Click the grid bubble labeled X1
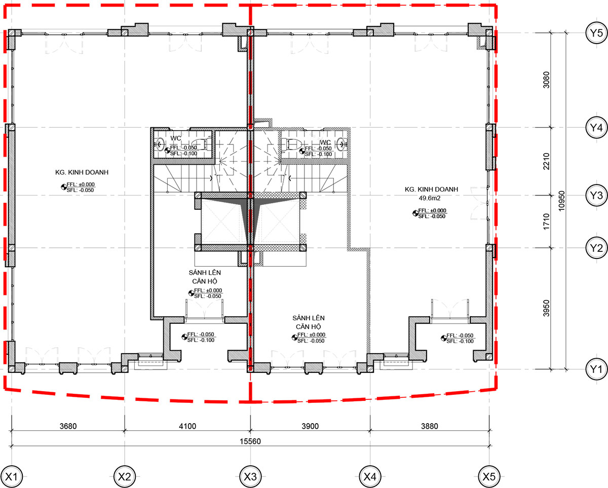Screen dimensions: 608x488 [x=12, y=476]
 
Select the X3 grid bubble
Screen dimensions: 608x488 [x=250, y=476]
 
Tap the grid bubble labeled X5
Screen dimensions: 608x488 [x=489, y=476]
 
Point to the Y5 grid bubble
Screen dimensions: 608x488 [x=596, y=33]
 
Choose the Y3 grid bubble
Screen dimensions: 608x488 [x=596, y=195]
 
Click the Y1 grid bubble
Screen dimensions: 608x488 [x=596, y=369]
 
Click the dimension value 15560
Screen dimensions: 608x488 [x=250, y=441]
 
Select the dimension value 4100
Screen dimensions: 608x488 [x=187, y=426]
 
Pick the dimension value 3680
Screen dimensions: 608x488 [x=68, y=426]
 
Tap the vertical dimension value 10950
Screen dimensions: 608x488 [x=561, y=201]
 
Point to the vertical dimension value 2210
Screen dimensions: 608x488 [x=546, y=161]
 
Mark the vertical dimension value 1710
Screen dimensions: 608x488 [x=546, y=221]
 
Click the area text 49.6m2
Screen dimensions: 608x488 [x=430, y=198]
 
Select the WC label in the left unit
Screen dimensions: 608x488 [x=175, y=138]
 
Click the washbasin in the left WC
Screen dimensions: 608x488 [x=160, y=144]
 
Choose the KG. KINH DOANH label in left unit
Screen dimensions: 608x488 [x=82, y=172]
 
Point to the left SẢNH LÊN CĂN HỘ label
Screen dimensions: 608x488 [x=205, y=277]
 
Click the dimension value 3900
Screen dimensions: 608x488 [x=310, y=426]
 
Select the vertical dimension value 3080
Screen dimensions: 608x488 [x=546, y=80]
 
